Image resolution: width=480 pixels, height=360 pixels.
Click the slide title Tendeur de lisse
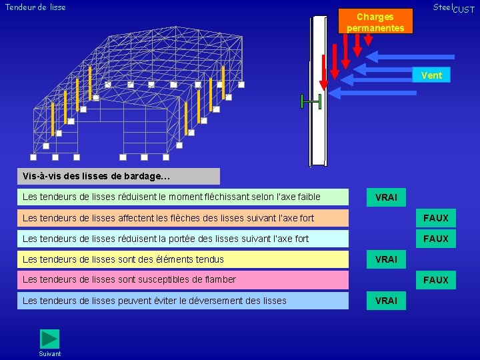pos(35,7)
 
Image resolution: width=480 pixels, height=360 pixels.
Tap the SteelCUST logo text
pos(453,8)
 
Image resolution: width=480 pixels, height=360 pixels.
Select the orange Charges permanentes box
pos(375,22)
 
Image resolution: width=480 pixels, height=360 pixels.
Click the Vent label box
pos(431,75)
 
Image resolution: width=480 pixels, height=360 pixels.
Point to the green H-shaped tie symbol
pos(311,101)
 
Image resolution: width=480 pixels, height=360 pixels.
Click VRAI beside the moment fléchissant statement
pos(386,197)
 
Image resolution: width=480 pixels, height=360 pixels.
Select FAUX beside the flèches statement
pos(436,218)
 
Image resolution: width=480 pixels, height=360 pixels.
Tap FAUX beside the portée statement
pos(436,239)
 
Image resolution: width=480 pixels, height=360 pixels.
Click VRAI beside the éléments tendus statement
pos(386,259)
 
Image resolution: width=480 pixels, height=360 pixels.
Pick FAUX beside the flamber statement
pos(436,280)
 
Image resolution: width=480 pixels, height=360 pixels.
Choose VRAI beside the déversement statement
pos(386,301)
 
